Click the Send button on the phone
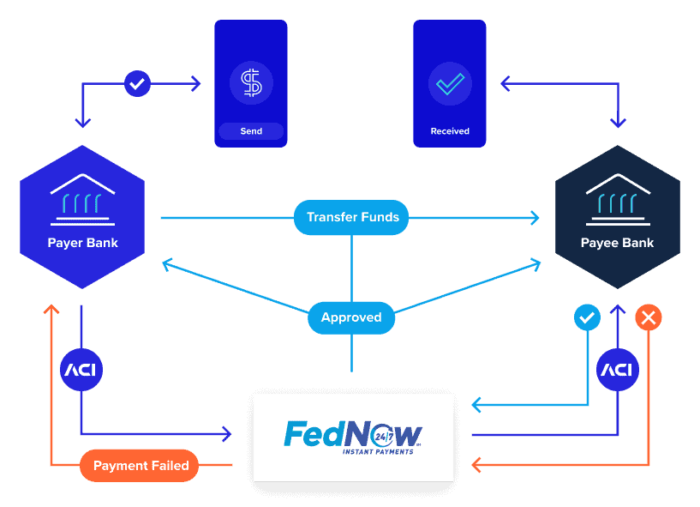coord(251,131)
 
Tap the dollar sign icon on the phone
coord(251,83)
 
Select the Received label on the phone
coord(450,131)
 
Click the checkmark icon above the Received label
coord(450,83)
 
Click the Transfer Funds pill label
coord(351,217)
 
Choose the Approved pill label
coord(351,317)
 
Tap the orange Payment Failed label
coord(141,466)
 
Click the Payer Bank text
coord(82,243)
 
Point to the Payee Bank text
coord(617,243)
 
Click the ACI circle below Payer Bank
coord(81,371)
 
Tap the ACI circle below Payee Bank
coord(617,371)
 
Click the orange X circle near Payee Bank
coord(648,318)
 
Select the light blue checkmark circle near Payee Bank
coord(587,318)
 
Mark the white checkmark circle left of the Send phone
coord(137,83)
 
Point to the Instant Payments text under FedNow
coord(378,451)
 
